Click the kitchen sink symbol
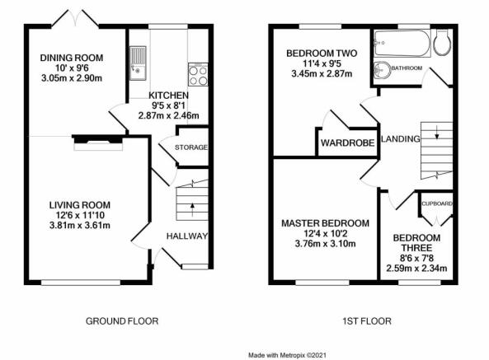[x=138, y=63]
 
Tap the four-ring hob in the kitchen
[x=198, y=74]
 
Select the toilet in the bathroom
[x=443, y=43]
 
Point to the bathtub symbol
[x=402, y=44]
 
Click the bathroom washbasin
[x=383, y=70]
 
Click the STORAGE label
[x=190, y=147]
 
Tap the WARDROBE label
[x=348, y=143]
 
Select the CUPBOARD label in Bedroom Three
[x=436, y=203]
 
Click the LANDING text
[x=401, y=138]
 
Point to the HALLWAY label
[x=187, y=236]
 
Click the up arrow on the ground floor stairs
[x=192, y=209]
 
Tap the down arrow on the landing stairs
[x=437, y=132]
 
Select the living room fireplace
[x=98, y=143]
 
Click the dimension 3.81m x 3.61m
[x=80, y=225]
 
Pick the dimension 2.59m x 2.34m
[x=416, y=268]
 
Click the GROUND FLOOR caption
[x=122, y=321]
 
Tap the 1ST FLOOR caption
[x=367, y=321]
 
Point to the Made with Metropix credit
[x=287, y=355]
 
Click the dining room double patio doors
[x=75, y=19]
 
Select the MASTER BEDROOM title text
[x=325, y=223]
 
